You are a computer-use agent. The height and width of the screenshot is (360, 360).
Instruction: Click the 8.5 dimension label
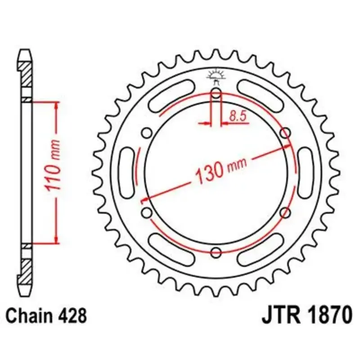click(x=238, y=116)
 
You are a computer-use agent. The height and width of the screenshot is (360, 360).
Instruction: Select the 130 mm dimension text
click(x=221, y=170)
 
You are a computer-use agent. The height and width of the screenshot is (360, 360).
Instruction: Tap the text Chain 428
click(x=46, y=316)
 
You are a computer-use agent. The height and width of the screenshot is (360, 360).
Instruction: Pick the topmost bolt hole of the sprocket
click(x=216, y=93)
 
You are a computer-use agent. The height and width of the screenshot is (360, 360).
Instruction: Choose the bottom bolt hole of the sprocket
click(x=216, y=252)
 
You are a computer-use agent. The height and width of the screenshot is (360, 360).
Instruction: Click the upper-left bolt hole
click(x=147, y=133)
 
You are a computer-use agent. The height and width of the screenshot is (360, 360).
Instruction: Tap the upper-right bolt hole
click(x=285, y=133)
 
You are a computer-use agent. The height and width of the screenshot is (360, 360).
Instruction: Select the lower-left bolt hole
click(x=147, y=212)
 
